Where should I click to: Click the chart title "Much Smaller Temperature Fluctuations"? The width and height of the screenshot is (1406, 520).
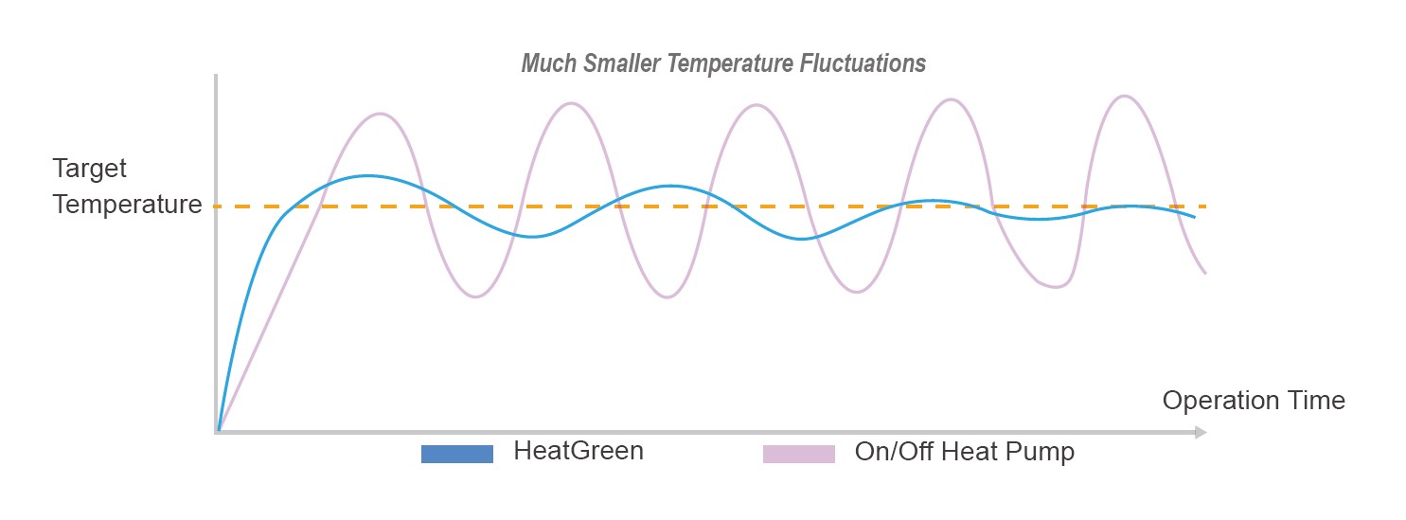click(723, 64)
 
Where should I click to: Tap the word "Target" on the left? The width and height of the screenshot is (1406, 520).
click(89, 170)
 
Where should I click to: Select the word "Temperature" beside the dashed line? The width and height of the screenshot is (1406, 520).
click(127, 205)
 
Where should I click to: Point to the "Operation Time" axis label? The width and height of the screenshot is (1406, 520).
click(1253, 401)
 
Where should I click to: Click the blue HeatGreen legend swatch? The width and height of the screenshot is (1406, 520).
click(457, 454)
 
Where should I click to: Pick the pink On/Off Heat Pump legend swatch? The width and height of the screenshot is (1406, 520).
click(799, 454)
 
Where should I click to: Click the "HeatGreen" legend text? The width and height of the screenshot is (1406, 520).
click(578, 452)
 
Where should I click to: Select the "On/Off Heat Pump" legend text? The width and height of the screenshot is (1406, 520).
click(964, 453)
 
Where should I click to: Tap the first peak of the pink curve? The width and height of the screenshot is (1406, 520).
click(380, 114)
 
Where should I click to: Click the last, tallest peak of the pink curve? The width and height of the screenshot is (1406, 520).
click(1124, 96)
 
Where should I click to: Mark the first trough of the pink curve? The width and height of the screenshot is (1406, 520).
click(475, 297)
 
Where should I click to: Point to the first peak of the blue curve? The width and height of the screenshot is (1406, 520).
click(367, 175)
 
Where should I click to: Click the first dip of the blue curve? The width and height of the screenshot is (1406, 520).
click(533, 237)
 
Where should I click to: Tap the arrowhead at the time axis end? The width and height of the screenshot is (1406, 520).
click(1201, 433)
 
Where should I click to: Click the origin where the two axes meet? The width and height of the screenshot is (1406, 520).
click(218, 432)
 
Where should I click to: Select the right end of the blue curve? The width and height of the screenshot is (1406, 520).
click(1194, 217)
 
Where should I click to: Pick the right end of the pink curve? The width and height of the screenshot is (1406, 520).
click(1205, 273)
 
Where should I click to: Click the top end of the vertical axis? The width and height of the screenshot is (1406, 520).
click(217, 77)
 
